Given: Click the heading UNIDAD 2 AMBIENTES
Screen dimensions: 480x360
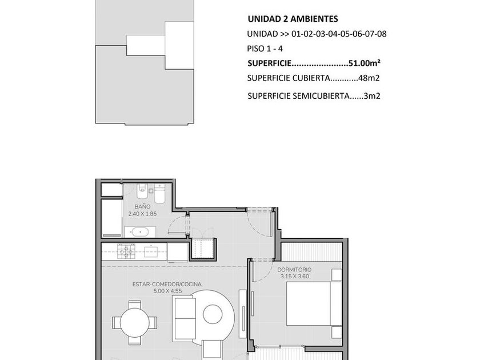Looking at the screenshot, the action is tap(293, 19).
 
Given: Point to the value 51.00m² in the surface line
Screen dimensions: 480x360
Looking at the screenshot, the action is tap(365, 63).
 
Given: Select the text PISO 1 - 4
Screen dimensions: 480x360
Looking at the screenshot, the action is tap(265, 49).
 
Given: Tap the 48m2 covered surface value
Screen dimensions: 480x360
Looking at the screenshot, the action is tap(369, 78).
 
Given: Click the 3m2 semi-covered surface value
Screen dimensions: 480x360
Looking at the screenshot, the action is tap(372, 96).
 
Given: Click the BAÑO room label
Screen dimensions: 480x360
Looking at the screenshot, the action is tap(142, 207).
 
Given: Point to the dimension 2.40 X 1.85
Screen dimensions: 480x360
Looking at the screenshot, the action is tap(142, 214).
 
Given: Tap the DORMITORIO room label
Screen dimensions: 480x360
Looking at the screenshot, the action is tap(294, 270).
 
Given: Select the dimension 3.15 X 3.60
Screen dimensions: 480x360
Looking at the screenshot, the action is tap(294, 277).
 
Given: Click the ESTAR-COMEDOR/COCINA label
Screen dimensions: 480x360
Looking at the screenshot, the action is tap(167, 285).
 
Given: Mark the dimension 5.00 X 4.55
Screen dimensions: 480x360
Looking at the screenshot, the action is tap(167, 291).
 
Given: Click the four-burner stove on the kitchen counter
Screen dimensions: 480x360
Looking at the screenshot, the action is tap(126, 251).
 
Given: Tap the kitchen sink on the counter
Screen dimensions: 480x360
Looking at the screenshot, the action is tap(151, 251).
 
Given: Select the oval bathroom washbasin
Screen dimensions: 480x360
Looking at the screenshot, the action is tap(140, 232).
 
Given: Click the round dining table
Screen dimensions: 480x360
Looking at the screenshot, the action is tap(134, 322).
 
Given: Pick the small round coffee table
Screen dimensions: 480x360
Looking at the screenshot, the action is tap(213, 314).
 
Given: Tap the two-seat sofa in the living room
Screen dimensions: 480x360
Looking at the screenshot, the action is tap(183, 318).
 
